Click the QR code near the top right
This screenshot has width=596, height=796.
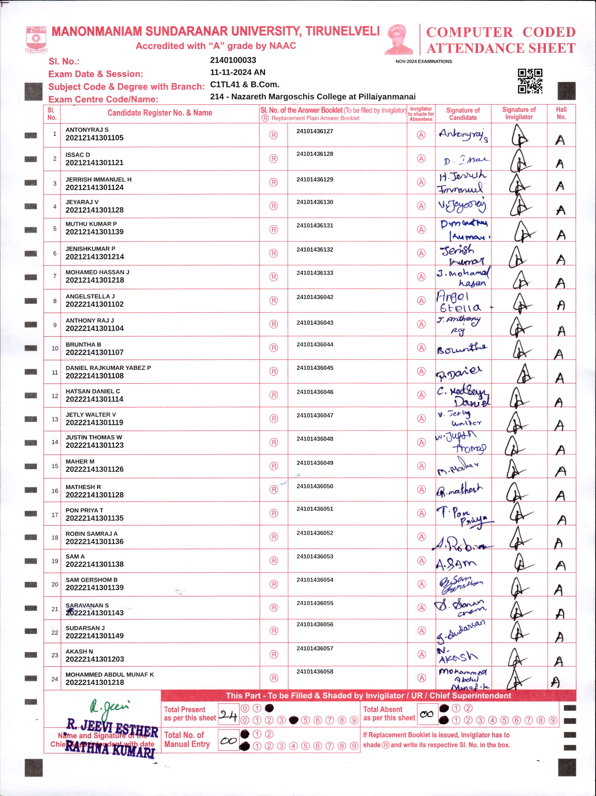[x=530, y=81]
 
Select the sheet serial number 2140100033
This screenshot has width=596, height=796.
[x=233, y=60]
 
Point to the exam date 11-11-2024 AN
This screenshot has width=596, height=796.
[x=238, y=72]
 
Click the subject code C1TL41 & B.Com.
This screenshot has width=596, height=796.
[x=245, y=85]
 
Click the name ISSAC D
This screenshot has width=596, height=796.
[x=78, y=155]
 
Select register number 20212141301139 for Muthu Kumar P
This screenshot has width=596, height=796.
[x=94, y=232]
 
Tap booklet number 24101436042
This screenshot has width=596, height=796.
[x=315, y=297]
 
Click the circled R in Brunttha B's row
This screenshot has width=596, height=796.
[x=274, y=348]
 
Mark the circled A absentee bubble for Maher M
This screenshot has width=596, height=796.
[x=421, y=466]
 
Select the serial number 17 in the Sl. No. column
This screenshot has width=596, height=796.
[x=55, y=515]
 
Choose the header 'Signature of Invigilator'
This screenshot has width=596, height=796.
[x=518, y=113]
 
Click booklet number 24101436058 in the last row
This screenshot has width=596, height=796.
[x=315, y=671]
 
